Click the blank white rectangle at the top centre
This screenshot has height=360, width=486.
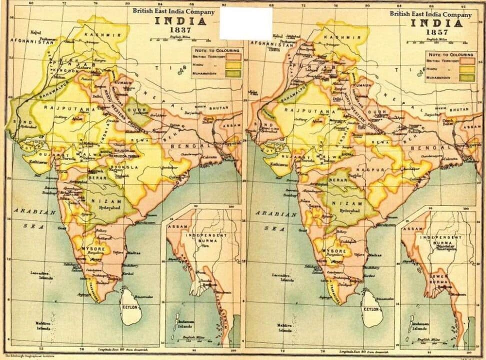click(x=246, y=23)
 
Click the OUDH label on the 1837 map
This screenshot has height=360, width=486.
click(x=138, y=112)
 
